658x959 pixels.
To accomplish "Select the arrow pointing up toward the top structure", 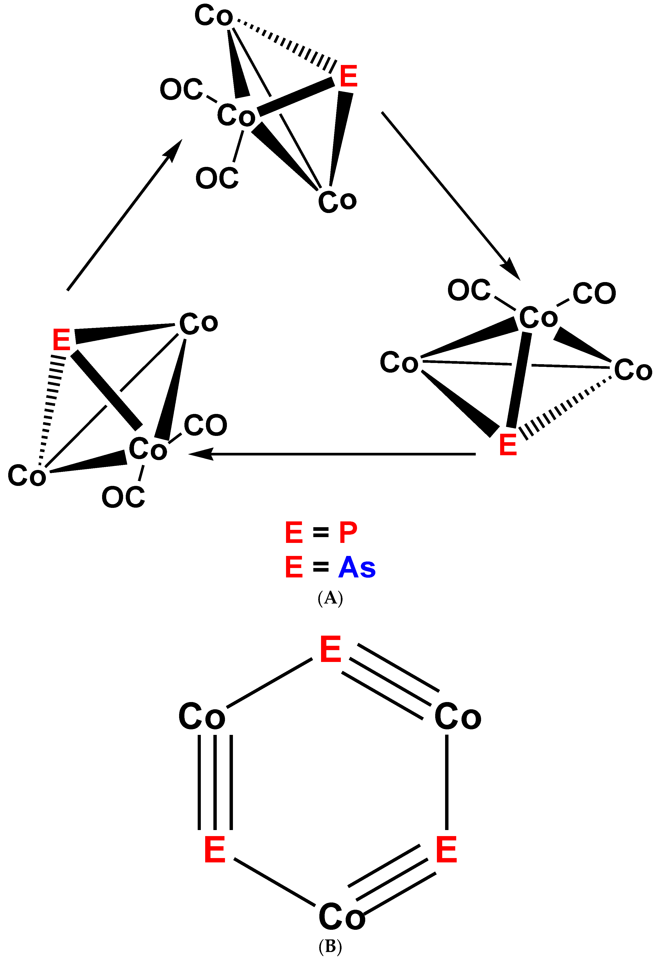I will coord(124,215).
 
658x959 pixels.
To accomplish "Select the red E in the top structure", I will coord(349,76).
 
